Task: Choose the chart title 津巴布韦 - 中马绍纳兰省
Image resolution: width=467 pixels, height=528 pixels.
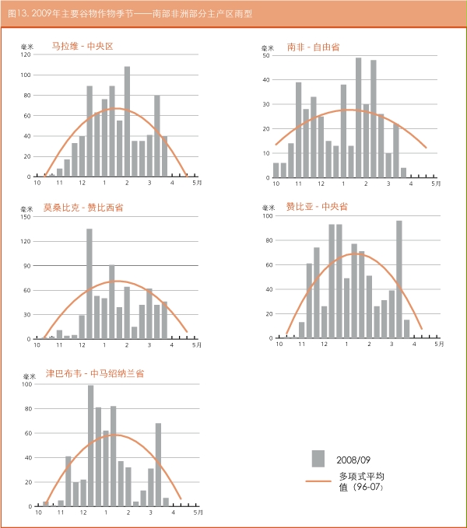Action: click(x=95, y=373)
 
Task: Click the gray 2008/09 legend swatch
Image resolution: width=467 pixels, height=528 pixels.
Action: click(x=318, y=458)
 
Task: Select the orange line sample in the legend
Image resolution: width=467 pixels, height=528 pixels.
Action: click(x=318, y=481)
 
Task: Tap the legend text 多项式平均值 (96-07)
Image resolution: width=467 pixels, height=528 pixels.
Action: click(x=362, y=481)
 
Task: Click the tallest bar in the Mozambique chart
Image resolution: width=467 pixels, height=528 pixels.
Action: click(x=90, y=283)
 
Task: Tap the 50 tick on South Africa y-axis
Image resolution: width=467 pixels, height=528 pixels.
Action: click(x=266, y=55)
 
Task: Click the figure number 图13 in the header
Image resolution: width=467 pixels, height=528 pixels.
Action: click(x=16, y=14)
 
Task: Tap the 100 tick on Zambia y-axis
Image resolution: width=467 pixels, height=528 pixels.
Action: click(x=269, y=216)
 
